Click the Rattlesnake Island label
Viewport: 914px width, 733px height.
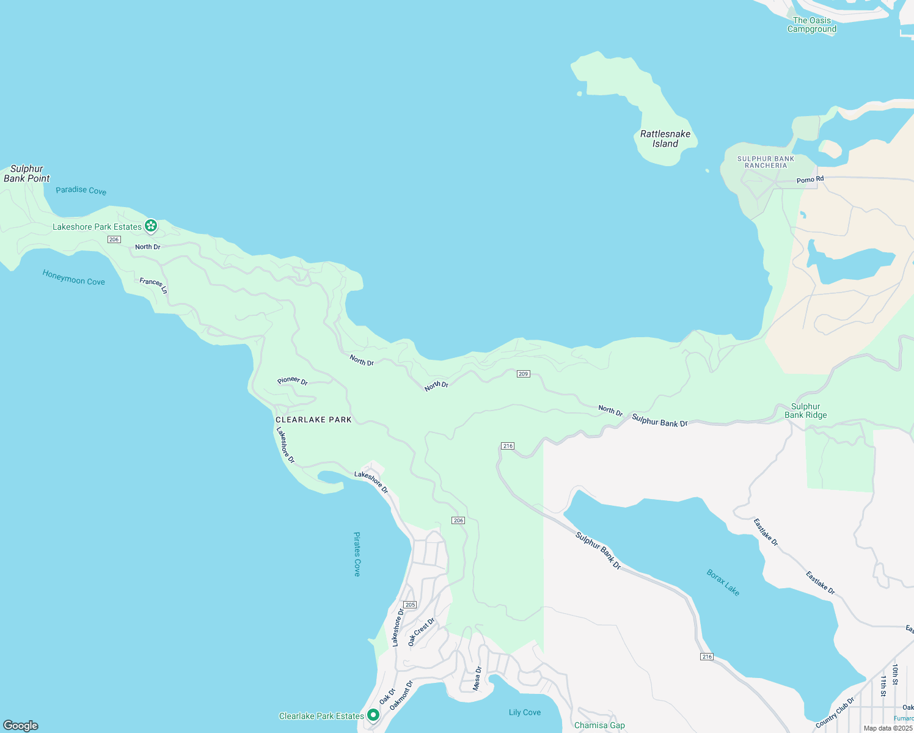(665, 139)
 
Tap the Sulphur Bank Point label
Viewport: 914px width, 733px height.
(27, 173)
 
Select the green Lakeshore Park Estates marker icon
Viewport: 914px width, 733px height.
(151, 226)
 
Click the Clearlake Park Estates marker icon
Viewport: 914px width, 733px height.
(373, 715)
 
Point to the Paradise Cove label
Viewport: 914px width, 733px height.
(81, 191)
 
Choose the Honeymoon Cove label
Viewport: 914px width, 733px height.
(73, 277)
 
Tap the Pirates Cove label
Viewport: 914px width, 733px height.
(357, 554)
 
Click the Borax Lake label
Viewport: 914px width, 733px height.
(723, 583)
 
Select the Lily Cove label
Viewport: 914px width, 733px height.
(525, 712)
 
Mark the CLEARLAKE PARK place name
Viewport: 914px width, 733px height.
(313, 420)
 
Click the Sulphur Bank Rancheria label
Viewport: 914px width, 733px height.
(766, 162)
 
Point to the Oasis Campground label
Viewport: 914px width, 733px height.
(812, 24)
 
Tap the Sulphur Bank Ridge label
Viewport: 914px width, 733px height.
(806, 410)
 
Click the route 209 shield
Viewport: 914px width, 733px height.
(523, 374)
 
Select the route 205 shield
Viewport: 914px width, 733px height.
(410, 605)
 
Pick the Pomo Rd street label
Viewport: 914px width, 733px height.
(810, 180)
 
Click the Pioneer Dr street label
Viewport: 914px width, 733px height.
(293, 381)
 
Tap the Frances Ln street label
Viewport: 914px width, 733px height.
(153, 285)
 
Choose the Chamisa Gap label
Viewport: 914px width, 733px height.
(599, 726)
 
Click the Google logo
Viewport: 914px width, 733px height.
(21, 726)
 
